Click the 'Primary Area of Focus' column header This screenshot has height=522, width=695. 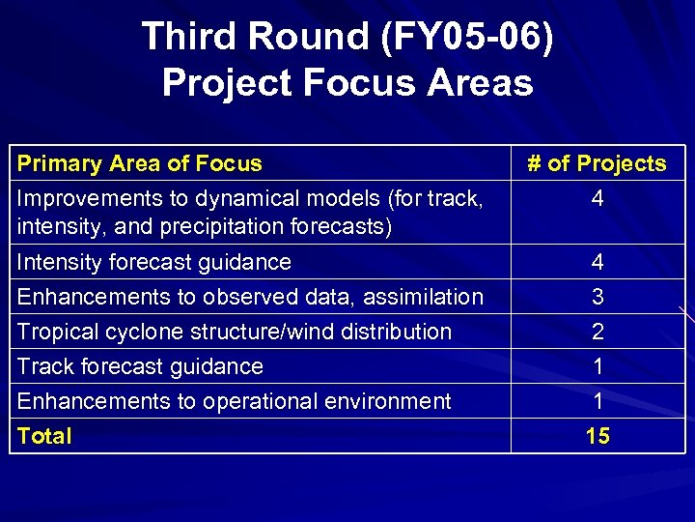pyautogui.click(x=140, y=163)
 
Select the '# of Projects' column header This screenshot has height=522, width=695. pyautogui.click(x=597, y=163)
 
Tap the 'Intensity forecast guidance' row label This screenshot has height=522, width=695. pyautogui.click(x=154, y=262)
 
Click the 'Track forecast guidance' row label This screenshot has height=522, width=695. pyautogui.click(x=140, y=366)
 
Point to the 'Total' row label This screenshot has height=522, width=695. pyautogui.click(x=44, y=436)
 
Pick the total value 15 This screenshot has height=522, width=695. pyautogui.click(x=598, y=436)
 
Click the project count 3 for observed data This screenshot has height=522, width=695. pyautogui.click(x=598, y=297)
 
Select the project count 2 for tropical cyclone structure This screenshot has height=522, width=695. pyautogui.click(x=598, y=332)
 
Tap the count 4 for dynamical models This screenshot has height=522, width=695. pyautogui.click(x=598, y=198)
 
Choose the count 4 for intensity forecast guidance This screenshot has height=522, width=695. pyautogui.click(x=598, y=262)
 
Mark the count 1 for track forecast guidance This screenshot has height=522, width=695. pyautogui.click(x=598, y=366)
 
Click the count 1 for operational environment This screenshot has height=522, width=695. pyautogui.click(x=598, y=401)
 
